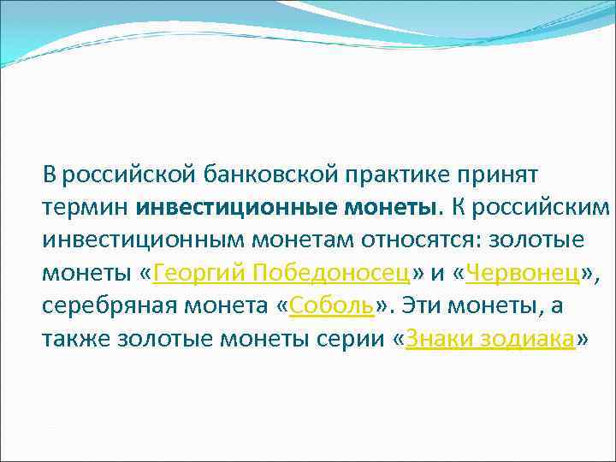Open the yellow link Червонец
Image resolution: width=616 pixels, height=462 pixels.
(x=524, y=273)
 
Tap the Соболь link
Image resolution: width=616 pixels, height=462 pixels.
(x=328, y=305)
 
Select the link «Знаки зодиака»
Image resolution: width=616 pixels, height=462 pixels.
(x=490, y=339)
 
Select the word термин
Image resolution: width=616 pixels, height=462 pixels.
(x=82, y=208)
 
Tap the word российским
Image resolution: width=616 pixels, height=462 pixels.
(x=542, y=208)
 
